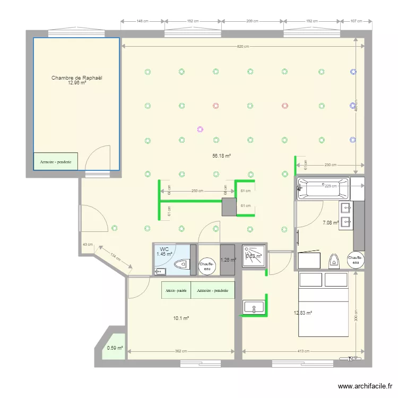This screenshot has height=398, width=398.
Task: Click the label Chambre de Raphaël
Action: click(76, 78)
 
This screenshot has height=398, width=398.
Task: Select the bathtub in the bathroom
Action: click(323, 189)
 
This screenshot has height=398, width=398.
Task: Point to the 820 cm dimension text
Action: click(243, 47)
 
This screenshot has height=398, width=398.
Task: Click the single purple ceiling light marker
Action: click(200, 128)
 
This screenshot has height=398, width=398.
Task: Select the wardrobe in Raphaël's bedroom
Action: click(56, 161)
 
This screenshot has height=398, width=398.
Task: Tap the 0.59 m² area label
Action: click(115, 348)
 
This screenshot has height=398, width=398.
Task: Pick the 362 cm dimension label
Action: click(180, 351)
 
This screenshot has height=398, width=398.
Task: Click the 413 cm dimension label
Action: click(302, 351)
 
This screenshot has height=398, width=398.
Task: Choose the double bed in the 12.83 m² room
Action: click(323, 304)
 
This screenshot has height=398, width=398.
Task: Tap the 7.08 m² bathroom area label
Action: click(331, 223)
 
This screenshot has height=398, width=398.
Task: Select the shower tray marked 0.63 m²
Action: click(253, 255)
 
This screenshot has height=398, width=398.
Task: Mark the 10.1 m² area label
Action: click(181, 318)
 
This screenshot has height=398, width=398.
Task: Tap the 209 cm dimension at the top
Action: click(252, 21)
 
